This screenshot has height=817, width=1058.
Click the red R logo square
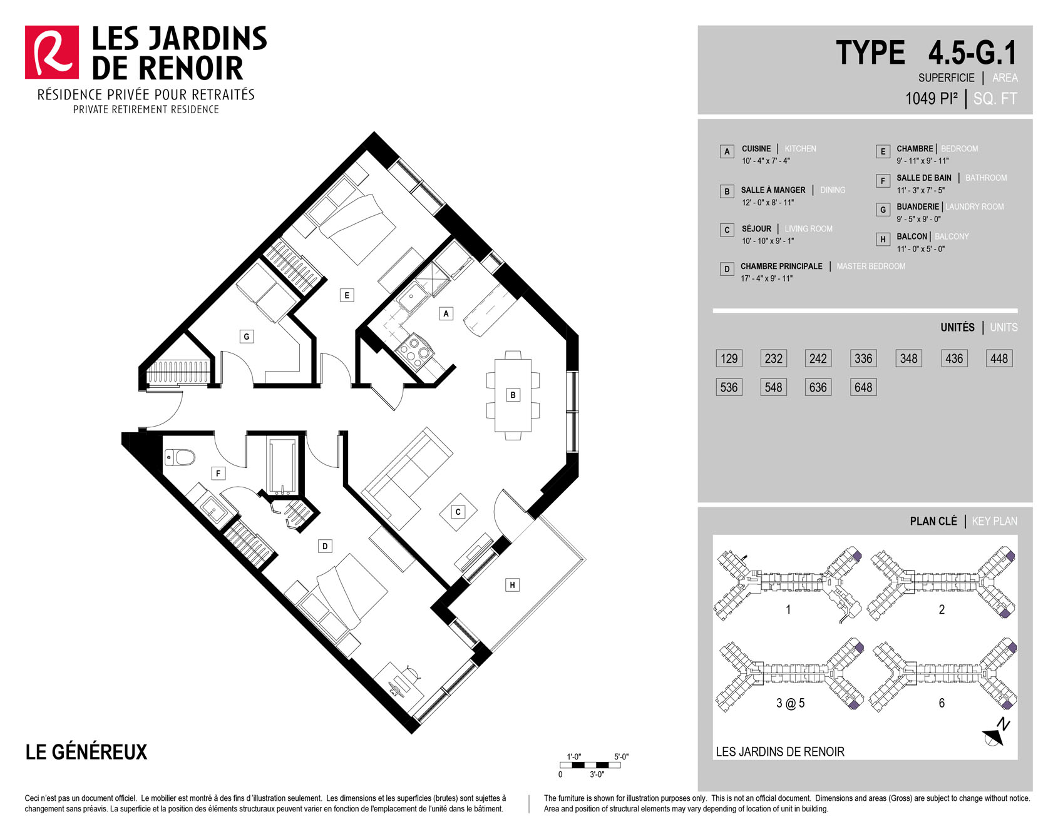click(x=52, y=53)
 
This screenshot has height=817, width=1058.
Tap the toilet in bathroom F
click(x=180, y=457)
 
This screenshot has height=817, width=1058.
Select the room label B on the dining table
click(x=513, y=395)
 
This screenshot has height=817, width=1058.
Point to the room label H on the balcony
click(x=512, y=585)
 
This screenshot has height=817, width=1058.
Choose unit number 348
click(x=908, y=358)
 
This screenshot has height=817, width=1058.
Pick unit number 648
click(x=863, y=387)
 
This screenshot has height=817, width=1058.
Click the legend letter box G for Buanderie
click(x=883, y=210)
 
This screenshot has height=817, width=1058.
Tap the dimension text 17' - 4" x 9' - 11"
click(x=767, y=278)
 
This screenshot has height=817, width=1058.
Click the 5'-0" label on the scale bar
click(x=621, y=756)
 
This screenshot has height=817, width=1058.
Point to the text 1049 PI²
click(x=932, y=98)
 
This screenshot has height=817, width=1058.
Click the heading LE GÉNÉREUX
click(x=86, y=751)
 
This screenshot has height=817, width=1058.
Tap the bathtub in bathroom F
click(x=282, y=466)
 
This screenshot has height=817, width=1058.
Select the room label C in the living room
click(x=458, y=512)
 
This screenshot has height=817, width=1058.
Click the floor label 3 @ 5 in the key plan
click(x=790, y=703)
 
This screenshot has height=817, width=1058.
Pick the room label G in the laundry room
click(x=247, y=337)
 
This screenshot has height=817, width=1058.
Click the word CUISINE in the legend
click(x=756, y=149)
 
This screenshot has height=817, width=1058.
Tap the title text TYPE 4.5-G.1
click(x=927, y=53)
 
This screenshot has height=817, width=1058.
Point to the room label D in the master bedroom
click(x=325, y=546)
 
